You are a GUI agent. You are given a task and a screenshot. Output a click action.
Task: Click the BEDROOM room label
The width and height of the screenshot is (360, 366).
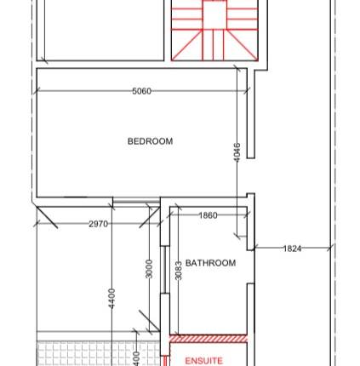150,141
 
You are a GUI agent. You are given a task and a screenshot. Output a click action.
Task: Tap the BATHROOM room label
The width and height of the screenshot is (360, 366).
210,263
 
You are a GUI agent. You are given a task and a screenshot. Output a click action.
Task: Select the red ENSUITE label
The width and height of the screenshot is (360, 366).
203,361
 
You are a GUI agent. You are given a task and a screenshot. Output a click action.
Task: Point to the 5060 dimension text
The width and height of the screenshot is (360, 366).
141,91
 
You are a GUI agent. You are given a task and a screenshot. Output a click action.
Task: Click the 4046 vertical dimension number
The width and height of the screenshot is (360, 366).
237,154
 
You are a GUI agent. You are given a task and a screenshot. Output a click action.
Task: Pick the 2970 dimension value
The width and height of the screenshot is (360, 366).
99,223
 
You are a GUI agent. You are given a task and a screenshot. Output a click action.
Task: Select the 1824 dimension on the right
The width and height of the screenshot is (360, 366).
292,249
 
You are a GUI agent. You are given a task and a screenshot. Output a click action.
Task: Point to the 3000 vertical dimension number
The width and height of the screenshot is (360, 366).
148,270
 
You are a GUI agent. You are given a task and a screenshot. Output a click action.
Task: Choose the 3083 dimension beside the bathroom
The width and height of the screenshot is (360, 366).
178,270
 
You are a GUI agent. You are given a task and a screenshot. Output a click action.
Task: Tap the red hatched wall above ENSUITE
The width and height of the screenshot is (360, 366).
209,338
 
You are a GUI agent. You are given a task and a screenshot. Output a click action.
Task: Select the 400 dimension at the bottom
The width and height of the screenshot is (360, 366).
136,358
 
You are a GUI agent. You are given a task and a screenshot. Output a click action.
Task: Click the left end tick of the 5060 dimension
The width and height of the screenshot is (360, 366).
37,91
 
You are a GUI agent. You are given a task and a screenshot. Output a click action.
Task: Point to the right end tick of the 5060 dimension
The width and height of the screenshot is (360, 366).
246,91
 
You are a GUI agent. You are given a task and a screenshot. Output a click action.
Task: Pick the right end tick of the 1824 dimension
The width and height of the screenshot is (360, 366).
332,249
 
